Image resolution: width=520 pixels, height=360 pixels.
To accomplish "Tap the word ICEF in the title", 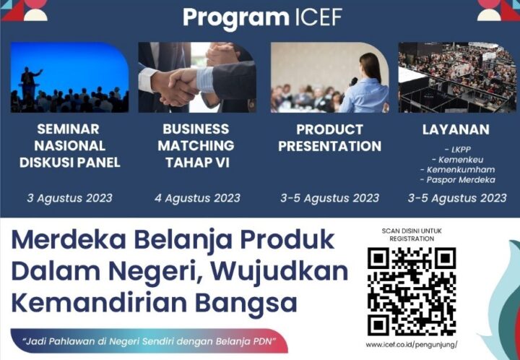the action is coord(318,17).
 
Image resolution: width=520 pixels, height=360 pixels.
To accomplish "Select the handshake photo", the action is coord(197,77).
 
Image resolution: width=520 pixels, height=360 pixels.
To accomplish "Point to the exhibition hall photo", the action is coord(457,77).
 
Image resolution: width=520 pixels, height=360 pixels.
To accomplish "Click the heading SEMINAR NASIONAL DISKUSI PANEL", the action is coord(69,145).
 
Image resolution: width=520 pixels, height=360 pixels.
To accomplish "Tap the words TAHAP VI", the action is coord(197,163).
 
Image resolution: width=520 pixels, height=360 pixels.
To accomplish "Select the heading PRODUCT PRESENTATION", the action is coord(329,137).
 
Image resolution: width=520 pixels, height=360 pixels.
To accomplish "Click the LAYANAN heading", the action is coord(456,129).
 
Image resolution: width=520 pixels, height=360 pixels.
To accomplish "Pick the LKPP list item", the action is coord(458,150).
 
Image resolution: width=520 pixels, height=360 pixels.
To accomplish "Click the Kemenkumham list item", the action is coord(457,170).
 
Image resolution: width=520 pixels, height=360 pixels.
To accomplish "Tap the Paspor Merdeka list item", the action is coord(457,180).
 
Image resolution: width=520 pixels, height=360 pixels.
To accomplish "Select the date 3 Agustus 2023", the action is coord(69,198).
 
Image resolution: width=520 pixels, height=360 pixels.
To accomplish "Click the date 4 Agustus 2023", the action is coord(197,198).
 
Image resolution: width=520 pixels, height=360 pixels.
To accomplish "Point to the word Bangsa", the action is coord(246,304).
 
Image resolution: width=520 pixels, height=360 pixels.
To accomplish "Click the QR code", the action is coord(412,291).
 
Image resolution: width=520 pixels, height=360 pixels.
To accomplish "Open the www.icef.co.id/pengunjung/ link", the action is coord(412,345).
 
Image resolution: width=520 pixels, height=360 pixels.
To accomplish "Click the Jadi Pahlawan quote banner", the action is coord(149,340).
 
